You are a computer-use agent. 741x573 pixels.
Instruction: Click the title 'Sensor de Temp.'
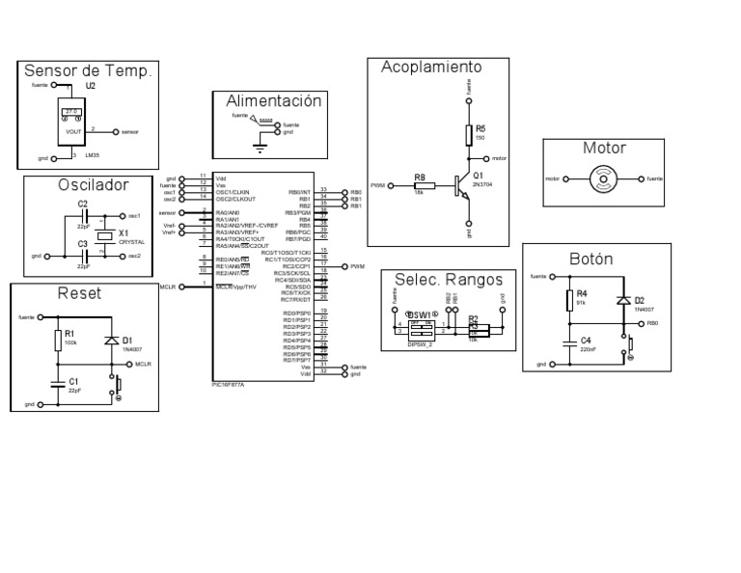point(88,71)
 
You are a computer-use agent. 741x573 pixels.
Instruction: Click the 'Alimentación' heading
point(273,101)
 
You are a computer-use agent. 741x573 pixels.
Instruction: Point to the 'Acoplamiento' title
point(430,67)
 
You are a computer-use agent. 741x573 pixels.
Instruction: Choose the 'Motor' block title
point(604,149)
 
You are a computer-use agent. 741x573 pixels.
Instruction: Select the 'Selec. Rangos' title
point(449,280)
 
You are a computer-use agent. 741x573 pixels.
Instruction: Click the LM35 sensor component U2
point(73,124)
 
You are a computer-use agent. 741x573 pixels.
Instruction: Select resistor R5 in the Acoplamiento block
point(469,135)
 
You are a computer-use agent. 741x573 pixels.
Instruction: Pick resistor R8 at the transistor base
point(420,184)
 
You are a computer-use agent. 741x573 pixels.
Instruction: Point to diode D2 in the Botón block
point(623,300)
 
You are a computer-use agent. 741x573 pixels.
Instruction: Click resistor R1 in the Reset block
point(58,341)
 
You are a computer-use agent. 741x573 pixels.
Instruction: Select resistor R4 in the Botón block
point(569,300)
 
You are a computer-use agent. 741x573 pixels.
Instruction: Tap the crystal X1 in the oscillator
point(104,235)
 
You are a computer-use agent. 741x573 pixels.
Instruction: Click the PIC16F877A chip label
point(228,384)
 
